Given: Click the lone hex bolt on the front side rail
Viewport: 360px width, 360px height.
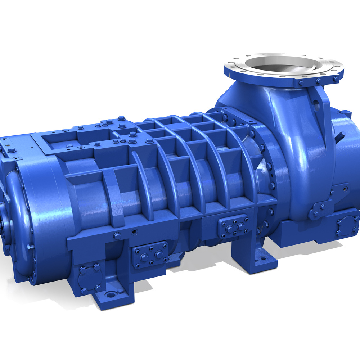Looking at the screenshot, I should coord(117,236).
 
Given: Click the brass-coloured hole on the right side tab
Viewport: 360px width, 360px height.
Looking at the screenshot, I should coord(346,188).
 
